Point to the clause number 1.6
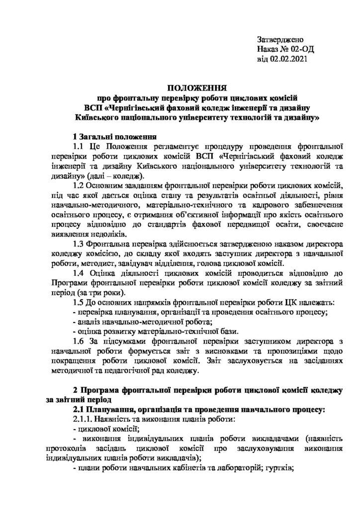click(x=80, y=341)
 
